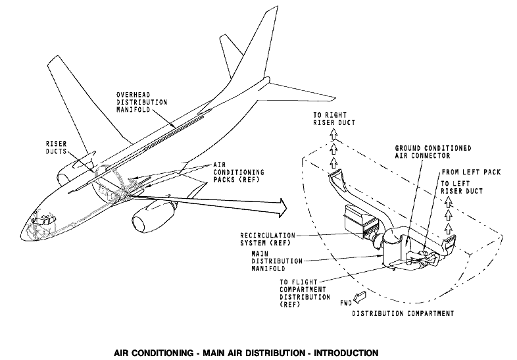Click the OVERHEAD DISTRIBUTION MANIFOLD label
[x=142, y=102]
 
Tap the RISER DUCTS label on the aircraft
[x=56, y=147]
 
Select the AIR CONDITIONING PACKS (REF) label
[x=239, y=172]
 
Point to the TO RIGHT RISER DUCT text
[x=334, y=118]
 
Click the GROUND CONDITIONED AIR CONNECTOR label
[x=433, y=152]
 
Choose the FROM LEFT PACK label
[x=471, y=172]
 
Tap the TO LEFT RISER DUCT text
[x=462, y=187]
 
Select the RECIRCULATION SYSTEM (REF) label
[x=268, y=239]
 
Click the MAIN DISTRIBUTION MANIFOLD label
[x=277, y=261]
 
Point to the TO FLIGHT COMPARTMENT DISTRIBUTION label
[x=305, y=293]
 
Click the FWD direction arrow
[x=359, y=297]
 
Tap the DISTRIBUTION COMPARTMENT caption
[x=403, y=313]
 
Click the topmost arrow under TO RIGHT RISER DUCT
[x=334, y=134]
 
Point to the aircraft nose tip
[x=21, y=236]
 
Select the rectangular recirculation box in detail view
[x=360, y=222]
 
